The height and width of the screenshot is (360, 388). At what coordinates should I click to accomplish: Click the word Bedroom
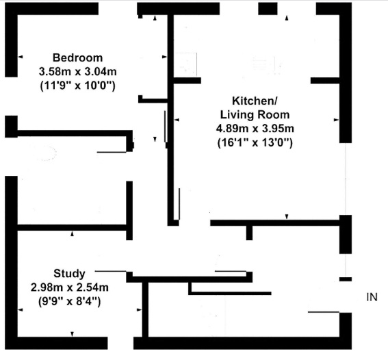point(77,57)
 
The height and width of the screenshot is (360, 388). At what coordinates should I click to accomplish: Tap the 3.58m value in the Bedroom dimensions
point(55,71)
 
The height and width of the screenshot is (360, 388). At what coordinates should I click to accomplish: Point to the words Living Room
point(255,114)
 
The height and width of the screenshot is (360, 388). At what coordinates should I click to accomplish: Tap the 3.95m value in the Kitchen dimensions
point(278,128)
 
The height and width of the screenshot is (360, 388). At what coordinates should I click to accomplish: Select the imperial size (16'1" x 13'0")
point(255,142)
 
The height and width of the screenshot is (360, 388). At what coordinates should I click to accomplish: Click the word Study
point(69,272)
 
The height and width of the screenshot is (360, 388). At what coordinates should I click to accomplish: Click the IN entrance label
point(372,297)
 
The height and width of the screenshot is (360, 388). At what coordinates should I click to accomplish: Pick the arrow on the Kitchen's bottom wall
point(287,217)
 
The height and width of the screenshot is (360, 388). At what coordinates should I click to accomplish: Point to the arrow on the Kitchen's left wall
point(177,120)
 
